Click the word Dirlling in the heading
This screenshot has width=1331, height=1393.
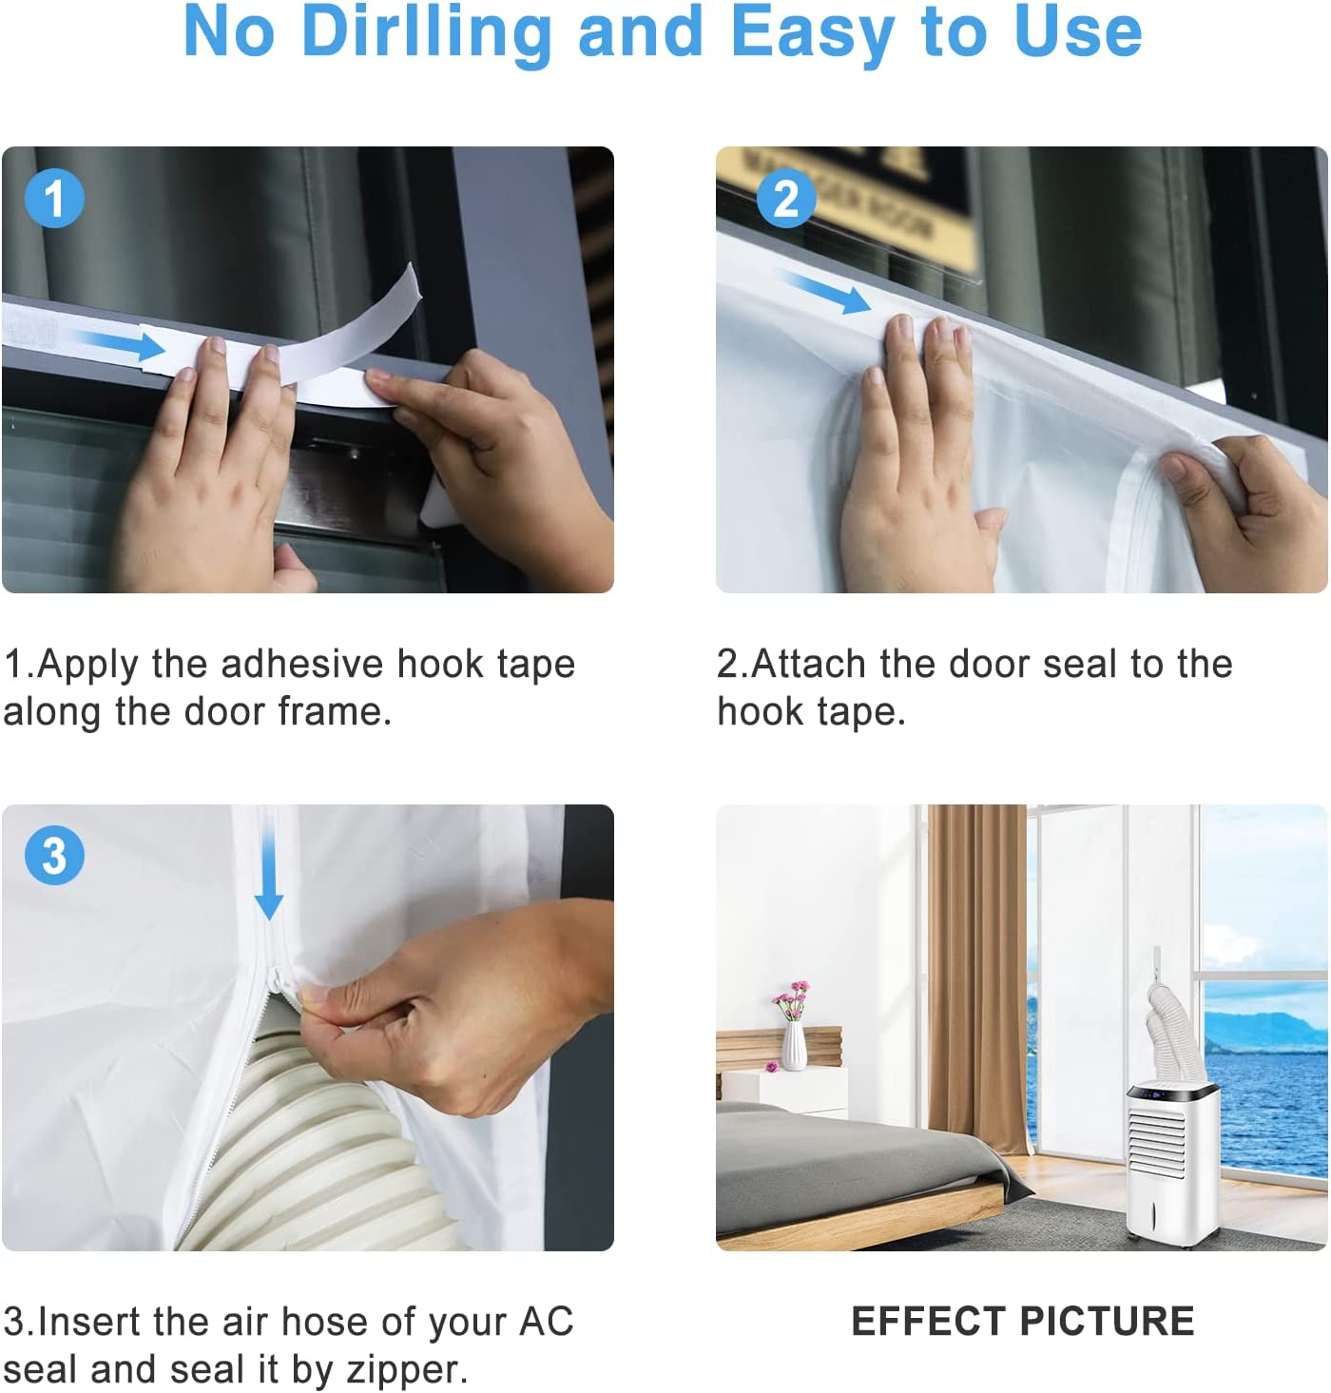point(427,33)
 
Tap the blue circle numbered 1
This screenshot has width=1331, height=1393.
point(54,199)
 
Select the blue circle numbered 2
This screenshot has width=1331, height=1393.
point(786,199)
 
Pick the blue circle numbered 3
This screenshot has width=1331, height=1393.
point(54,855)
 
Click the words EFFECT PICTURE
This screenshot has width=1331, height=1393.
point(1023,1322)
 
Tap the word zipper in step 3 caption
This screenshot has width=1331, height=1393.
point(406,1370)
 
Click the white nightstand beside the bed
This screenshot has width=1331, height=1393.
point(784,1091)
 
